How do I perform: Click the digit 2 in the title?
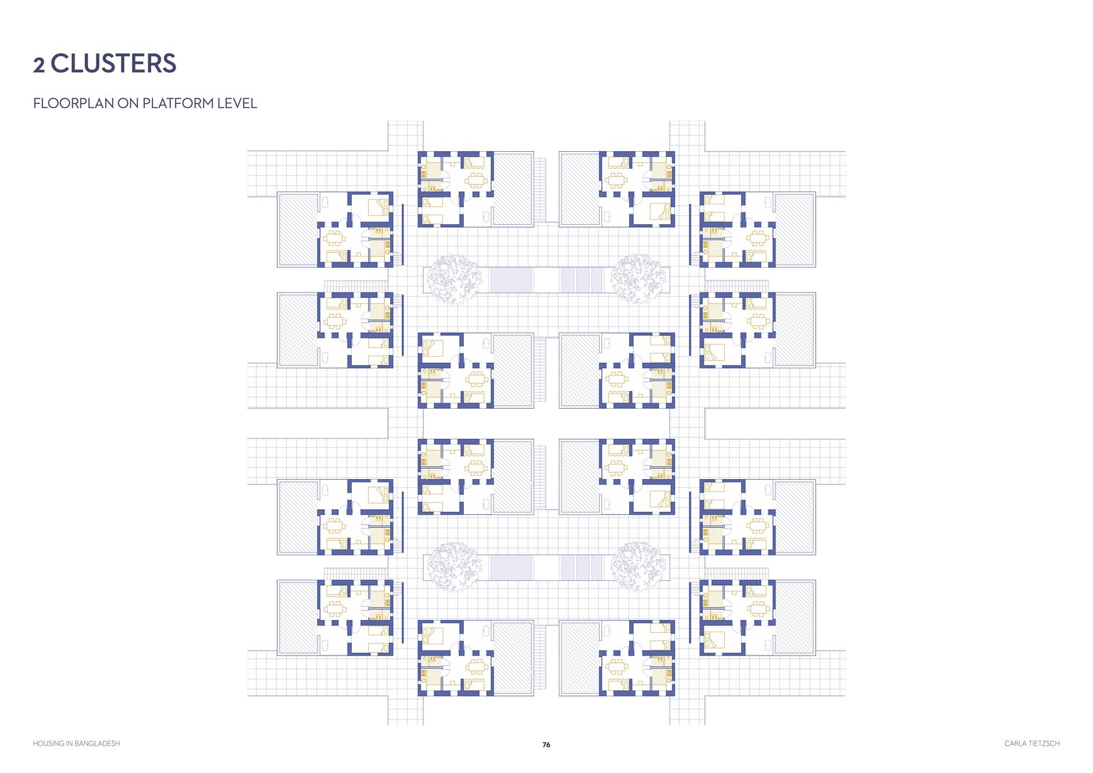tap(39, 65)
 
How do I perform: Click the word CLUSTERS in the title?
tap(113, 64)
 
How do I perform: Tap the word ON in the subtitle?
tap(128, 103)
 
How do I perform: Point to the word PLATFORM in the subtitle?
tap(178, 103)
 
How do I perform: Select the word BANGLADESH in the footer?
tap(97, 743)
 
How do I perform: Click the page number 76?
tap(546, 745)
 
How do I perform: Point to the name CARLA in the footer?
tap(1014, 743)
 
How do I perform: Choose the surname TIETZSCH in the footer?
tap(1043, 743)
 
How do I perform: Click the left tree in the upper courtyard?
tap(454, 279)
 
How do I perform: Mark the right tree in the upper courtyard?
tap(638, 279)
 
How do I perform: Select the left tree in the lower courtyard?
tap(454, 567)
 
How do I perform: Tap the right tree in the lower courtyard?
tap(638, 567)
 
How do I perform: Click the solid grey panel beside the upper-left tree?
tap(511, 280)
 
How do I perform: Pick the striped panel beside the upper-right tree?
tap(581, 280)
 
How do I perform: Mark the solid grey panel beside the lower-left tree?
tap(511, 567)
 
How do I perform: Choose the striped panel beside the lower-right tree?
tap(581, 567)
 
